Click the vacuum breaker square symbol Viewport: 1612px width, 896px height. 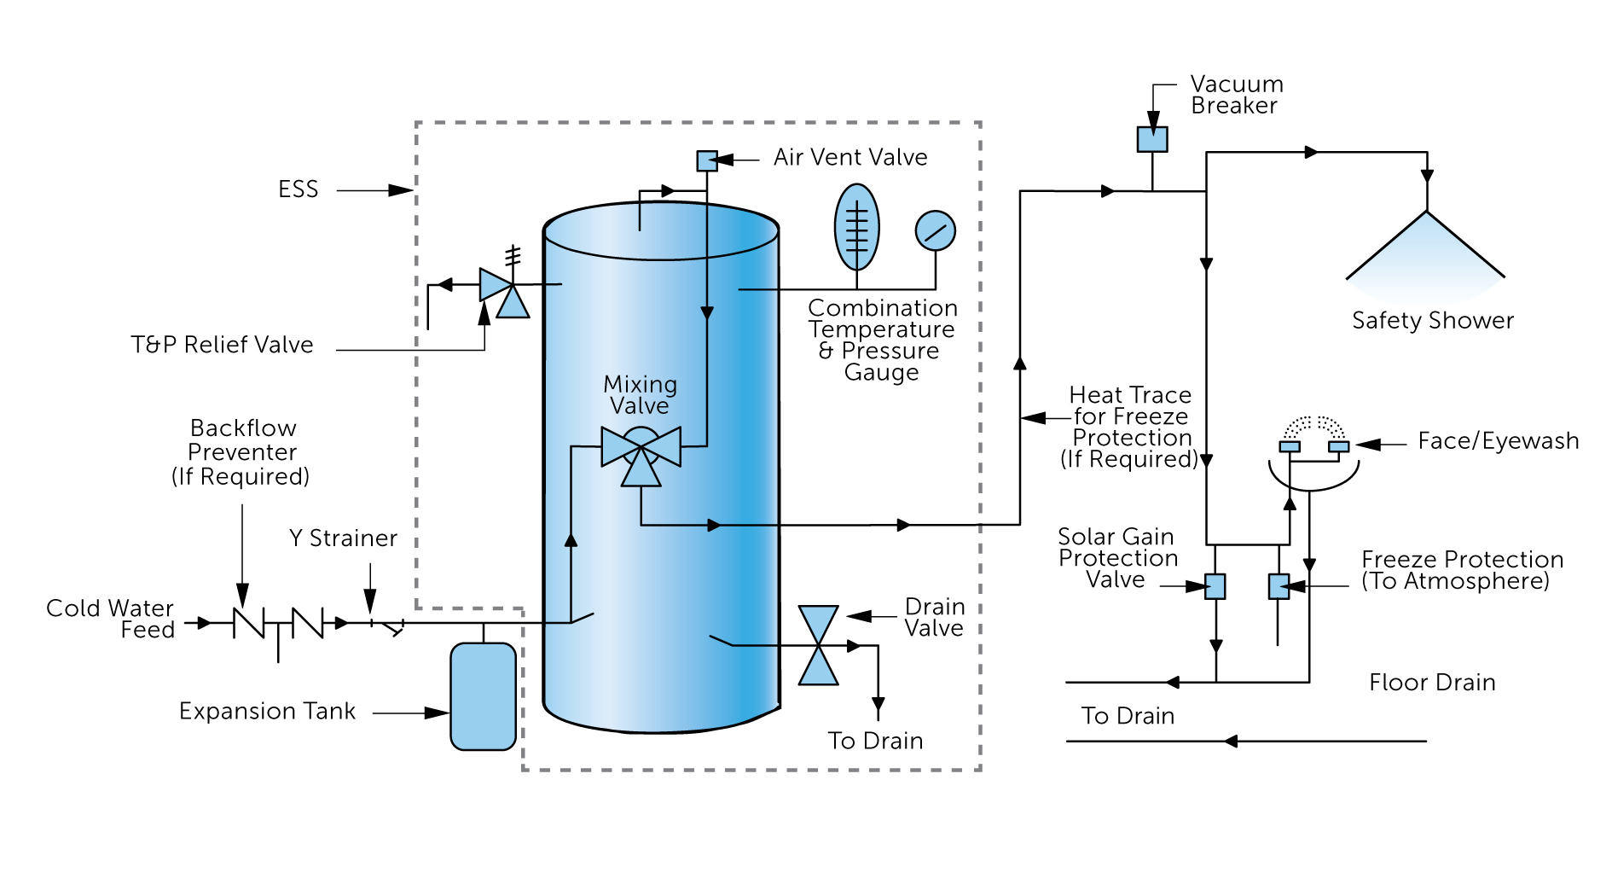pos(1151,139)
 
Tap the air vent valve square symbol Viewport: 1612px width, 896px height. pos(706,160)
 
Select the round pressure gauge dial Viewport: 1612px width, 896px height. pos(935,230)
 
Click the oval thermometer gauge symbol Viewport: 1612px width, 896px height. pos(856,227)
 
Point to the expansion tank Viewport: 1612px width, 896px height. pos(483,696)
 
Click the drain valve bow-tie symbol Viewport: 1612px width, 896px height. pos(818,645)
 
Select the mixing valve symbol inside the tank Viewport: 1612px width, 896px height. pos(641,452)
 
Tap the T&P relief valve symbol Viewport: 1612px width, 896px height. pos(503,291)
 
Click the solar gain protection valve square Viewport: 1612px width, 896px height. pos(1215,586)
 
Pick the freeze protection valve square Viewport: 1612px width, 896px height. pos(1278,586)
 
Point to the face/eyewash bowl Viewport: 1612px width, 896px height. pos(1313,474)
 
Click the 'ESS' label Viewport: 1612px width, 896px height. pos(298,189)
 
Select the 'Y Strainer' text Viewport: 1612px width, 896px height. pos(343,538)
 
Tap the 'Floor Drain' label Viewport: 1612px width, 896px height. pos(1431,683)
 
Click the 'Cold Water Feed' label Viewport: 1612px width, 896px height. pos(111,619)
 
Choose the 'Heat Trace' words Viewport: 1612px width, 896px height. pos(1129,395)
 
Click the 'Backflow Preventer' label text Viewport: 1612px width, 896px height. pos(242,439)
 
